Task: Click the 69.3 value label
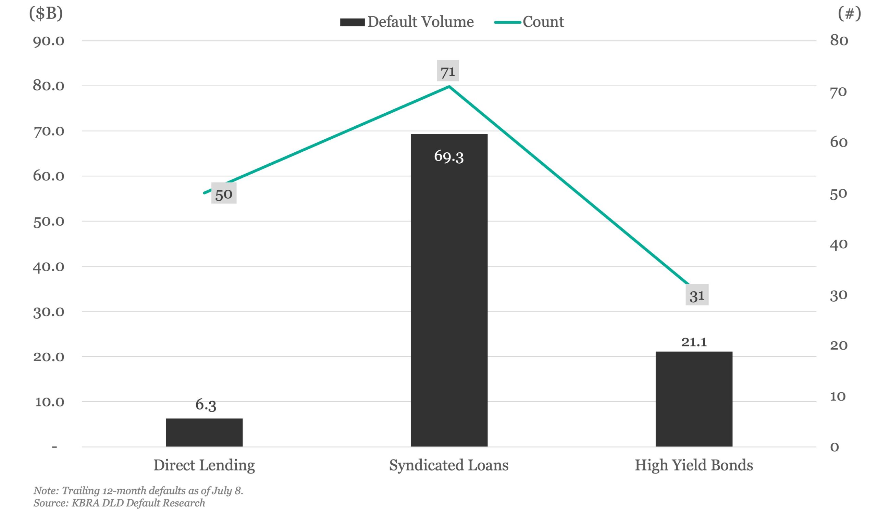pos(449,156)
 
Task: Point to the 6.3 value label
pos(206,405)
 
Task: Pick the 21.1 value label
pos(694,342)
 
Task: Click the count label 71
pos(448,71)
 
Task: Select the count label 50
pos(224,194)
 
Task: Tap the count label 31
pos(697,295)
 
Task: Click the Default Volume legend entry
pos(407,22)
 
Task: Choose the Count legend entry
pos(529,22)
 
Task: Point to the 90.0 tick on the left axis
pos(49,41)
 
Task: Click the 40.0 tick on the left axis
pos(49,267)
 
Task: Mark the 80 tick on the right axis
pos(839,40)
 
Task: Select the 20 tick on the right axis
pos(839,345)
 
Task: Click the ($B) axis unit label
pos(46,13)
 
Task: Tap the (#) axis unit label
pos(849,13)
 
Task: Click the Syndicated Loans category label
pos(448,465)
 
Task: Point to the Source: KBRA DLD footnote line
pos(119,503)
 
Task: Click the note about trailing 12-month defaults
pos(138,490)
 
